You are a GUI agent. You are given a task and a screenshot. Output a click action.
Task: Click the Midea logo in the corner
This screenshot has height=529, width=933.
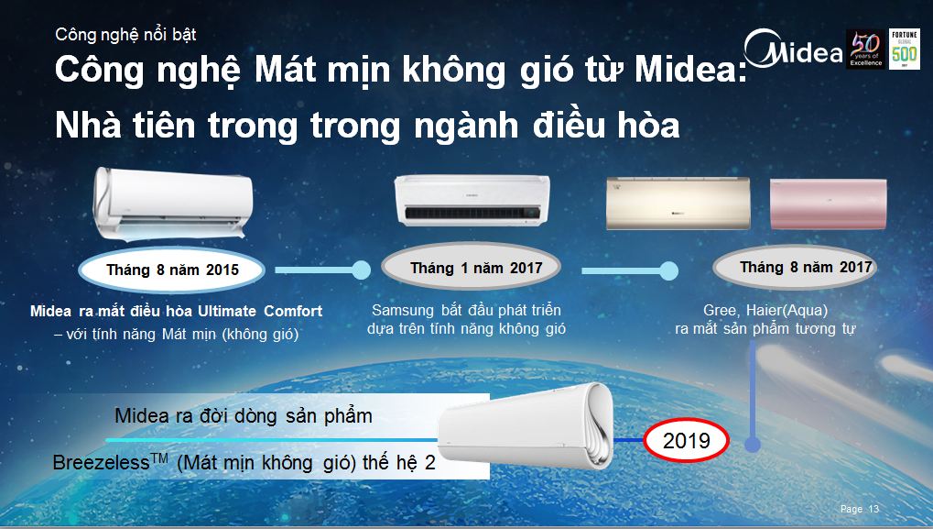793,49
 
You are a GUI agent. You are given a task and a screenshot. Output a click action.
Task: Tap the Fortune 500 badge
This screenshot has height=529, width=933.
904,49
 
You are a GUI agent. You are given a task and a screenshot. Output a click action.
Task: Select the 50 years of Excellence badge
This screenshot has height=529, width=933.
866,49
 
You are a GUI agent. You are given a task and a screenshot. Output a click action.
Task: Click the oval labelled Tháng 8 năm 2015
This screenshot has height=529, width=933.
172,270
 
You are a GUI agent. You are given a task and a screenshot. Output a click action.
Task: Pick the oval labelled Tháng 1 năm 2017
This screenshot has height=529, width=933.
471,268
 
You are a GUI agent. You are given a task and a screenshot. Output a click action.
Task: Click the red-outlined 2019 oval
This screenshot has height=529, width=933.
686,441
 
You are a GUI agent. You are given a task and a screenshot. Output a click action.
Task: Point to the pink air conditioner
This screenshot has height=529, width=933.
829,204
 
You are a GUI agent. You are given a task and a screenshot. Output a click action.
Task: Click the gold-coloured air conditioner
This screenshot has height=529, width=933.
678,204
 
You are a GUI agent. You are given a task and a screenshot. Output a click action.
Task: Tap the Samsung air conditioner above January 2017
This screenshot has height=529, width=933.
472,200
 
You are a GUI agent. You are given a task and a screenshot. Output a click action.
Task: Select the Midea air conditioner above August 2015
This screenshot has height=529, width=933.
172,203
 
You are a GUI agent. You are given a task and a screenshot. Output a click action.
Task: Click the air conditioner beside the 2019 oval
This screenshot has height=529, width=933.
526,424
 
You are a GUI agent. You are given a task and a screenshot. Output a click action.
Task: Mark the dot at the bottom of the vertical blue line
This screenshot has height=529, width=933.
753,444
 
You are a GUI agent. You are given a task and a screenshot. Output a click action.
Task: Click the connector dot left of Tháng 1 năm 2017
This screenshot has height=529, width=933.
361,270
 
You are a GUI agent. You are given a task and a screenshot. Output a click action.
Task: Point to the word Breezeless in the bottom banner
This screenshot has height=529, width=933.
101,462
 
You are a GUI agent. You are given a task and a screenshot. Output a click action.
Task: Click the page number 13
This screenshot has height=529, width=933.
873,509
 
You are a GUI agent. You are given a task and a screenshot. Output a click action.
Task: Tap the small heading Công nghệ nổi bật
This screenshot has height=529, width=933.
125,35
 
